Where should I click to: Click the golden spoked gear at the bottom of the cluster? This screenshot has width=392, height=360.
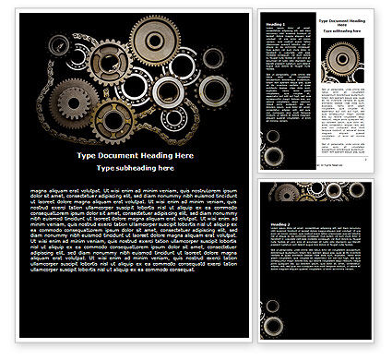[113, 120]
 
